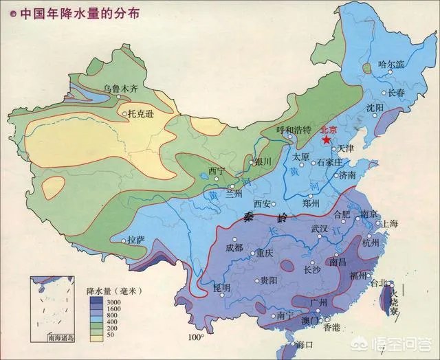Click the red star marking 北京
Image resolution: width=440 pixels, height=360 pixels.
coord(325,139)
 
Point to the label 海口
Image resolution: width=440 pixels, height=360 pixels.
coord(305,344)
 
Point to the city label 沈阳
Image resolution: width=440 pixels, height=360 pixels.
coord(375,108)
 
